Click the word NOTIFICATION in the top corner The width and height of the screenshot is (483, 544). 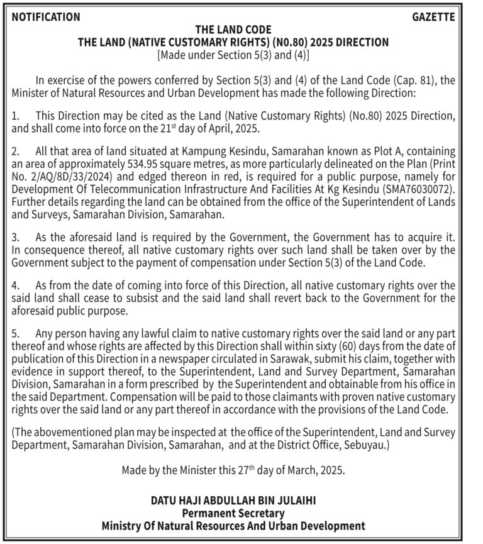[x=46, y=18]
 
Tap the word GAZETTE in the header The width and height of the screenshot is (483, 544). [x=433, y=18]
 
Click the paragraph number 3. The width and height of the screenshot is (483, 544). [x=16, y=238]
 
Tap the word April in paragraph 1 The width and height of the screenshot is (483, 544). [x=219, y=128]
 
